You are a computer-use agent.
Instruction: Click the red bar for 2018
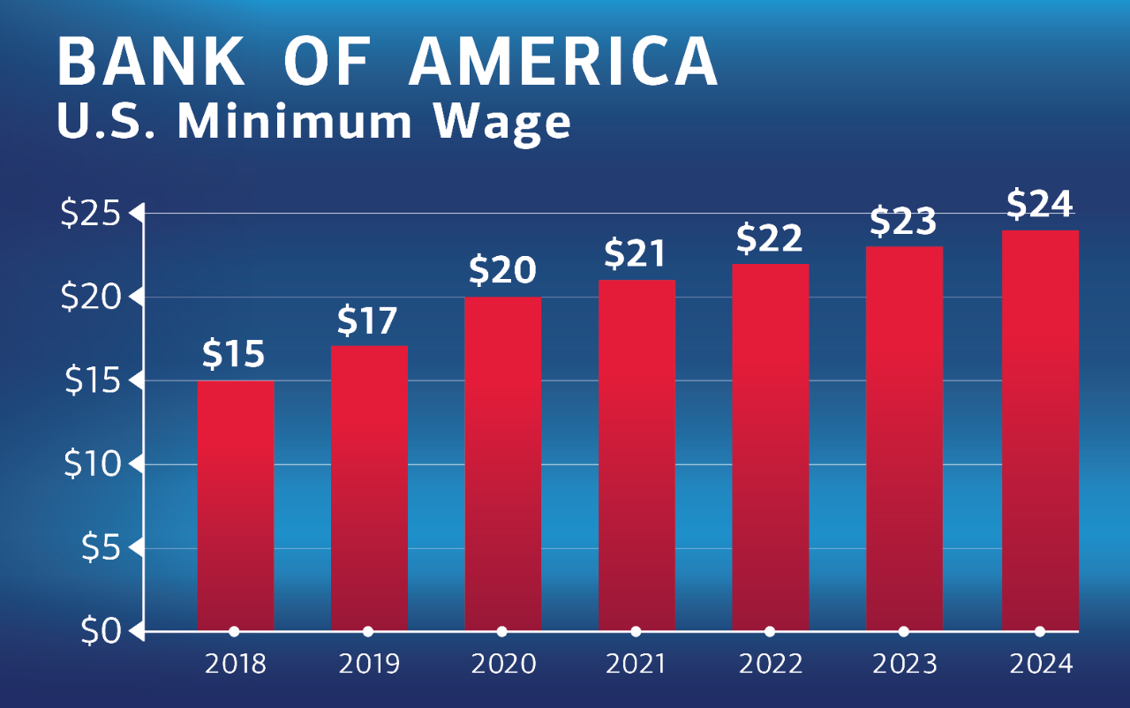235,503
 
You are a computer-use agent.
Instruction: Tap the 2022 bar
770,446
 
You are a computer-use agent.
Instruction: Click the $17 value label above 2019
368,322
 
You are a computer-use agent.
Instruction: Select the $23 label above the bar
903,222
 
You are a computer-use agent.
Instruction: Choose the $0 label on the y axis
100,632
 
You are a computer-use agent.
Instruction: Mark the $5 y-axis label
100,548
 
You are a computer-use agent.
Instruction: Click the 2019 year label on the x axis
368,664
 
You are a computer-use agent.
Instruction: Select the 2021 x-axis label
636,664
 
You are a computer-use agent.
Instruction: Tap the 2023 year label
903,664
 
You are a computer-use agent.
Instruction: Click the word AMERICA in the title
565,62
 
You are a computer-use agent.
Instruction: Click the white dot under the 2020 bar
502,631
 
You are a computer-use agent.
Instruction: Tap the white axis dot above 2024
1039,631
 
